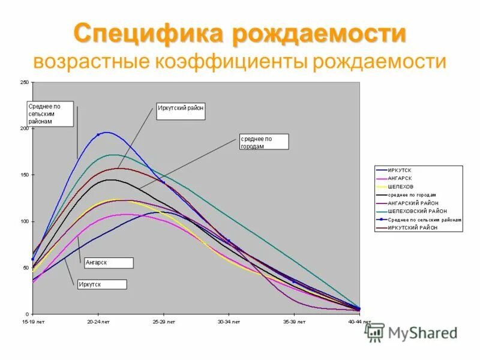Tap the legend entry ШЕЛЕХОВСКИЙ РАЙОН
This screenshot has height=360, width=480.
(417, 211)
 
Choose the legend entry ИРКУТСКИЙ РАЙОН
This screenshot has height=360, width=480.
(413, 228)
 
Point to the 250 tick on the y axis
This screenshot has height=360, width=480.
(25, 82)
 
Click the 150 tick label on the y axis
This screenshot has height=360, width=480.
(25, 175)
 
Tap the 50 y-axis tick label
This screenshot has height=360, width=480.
(26, 268)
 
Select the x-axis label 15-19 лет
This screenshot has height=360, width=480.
(32, 322)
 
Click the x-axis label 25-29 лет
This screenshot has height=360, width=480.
(163, 322)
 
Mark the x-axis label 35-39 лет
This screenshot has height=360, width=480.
(294, 322)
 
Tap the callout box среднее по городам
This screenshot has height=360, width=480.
(264, 142)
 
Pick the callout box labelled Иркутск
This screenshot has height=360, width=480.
(101, 284)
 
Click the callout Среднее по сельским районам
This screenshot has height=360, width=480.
(50, 114)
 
